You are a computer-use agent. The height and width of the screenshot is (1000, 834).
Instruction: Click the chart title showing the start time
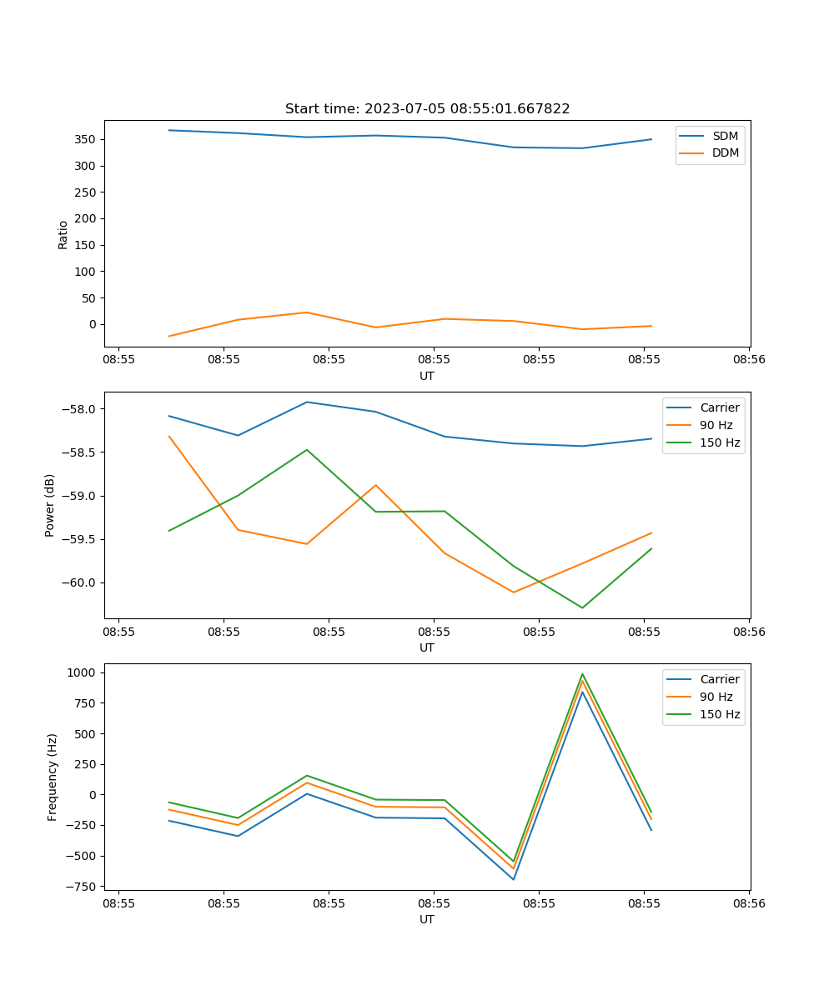click(427, 109)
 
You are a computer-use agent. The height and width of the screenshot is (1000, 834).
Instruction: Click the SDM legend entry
click(725, 136)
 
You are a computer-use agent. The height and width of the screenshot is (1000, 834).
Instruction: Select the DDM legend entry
click(725, 152)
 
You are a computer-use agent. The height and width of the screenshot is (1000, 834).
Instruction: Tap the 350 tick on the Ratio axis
click(87, 139)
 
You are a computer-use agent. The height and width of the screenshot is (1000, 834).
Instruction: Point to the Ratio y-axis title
click(63, 235)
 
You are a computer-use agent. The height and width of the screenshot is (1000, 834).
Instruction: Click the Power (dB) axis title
click(50, 505)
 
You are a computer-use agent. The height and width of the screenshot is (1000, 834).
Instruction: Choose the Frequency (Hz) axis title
click(52, 777)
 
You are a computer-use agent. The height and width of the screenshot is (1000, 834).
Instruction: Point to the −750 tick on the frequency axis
click(83, 886)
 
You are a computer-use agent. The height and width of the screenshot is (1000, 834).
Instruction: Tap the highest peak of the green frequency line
click(582, 674)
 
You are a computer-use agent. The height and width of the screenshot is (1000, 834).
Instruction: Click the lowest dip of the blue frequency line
click(513, 879)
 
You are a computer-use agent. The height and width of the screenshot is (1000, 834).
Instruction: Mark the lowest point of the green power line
click(582, 607)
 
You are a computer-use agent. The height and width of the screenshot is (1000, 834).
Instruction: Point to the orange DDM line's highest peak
click(307, 312)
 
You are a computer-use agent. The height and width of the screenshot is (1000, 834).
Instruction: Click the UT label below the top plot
click(427, 376)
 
